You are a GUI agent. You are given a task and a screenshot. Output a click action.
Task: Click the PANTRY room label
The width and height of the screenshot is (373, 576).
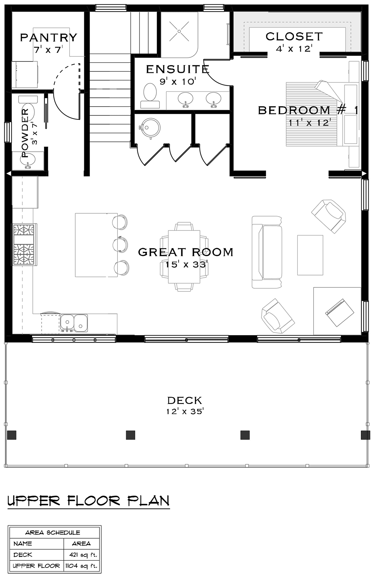tap(48, 38)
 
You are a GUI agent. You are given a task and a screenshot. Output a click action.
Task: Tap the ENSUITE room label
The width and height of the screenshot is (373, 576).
tap(177, 69)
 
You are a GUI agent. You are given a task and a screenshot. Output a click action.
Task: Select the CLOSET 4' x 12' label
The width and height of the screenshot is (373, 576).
tap(294, 42)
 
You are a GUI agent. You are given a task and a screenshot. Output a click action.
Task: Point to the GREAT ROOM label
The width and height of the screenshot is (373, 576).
tap(186, 252)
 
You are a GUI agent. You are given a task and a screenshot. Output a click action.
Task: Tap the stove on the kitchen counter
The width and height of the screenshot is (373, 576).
tap(24, 245)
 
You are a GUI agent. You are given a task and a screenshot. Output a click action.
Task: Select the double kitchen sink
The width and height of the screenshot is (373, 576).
tap(74, 323)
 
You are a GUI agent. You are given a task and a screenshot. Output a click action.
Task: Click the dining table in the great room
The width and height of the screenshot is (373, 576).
tap(184, 257)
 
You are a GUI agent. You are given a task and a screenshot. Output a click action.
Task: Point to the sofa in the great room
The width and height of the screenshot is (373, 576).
tap(267, 252)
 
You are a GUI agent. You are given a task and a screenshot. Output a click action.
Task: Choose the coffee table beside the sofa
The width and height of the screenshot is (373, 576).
tap(310, 255)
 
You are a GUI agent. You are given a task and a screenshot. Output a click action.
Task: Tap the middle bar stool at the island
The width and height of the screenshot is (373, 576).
tap(120, 244)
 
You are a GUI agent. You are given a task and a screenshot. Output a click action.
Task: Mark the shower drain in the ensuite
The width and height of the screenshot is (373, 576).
tap(179, 31)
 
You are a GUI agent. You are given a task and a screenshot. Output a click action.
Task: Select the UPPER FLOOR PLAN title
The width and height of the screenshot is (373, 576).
tap(89, 501)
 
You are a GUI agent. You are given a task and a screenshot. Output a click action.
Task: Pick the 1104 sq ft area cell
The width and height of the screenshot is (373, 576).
tap(81, 566)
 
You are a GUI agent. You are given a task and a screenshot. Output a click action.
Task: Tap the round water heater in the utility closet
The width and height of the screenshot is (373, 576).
tap(150, 128)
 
